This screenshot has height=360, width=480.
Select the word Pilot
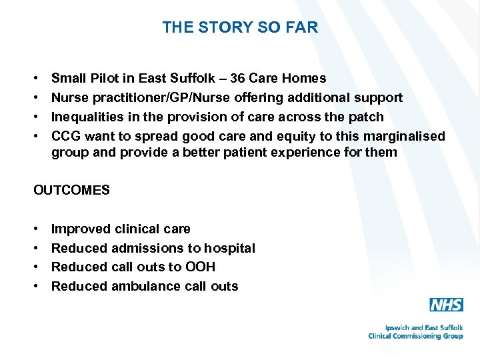[x=106, y=79]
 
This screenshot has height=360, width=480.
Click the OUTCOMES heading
[x=71, y=190]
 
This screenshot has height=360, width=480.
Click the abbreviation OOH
[x=201, y=267]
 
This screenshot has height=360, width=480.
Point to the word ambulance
[x=147, y=286]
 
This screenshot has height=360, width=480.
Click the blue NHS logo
[x=446, y=305]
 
